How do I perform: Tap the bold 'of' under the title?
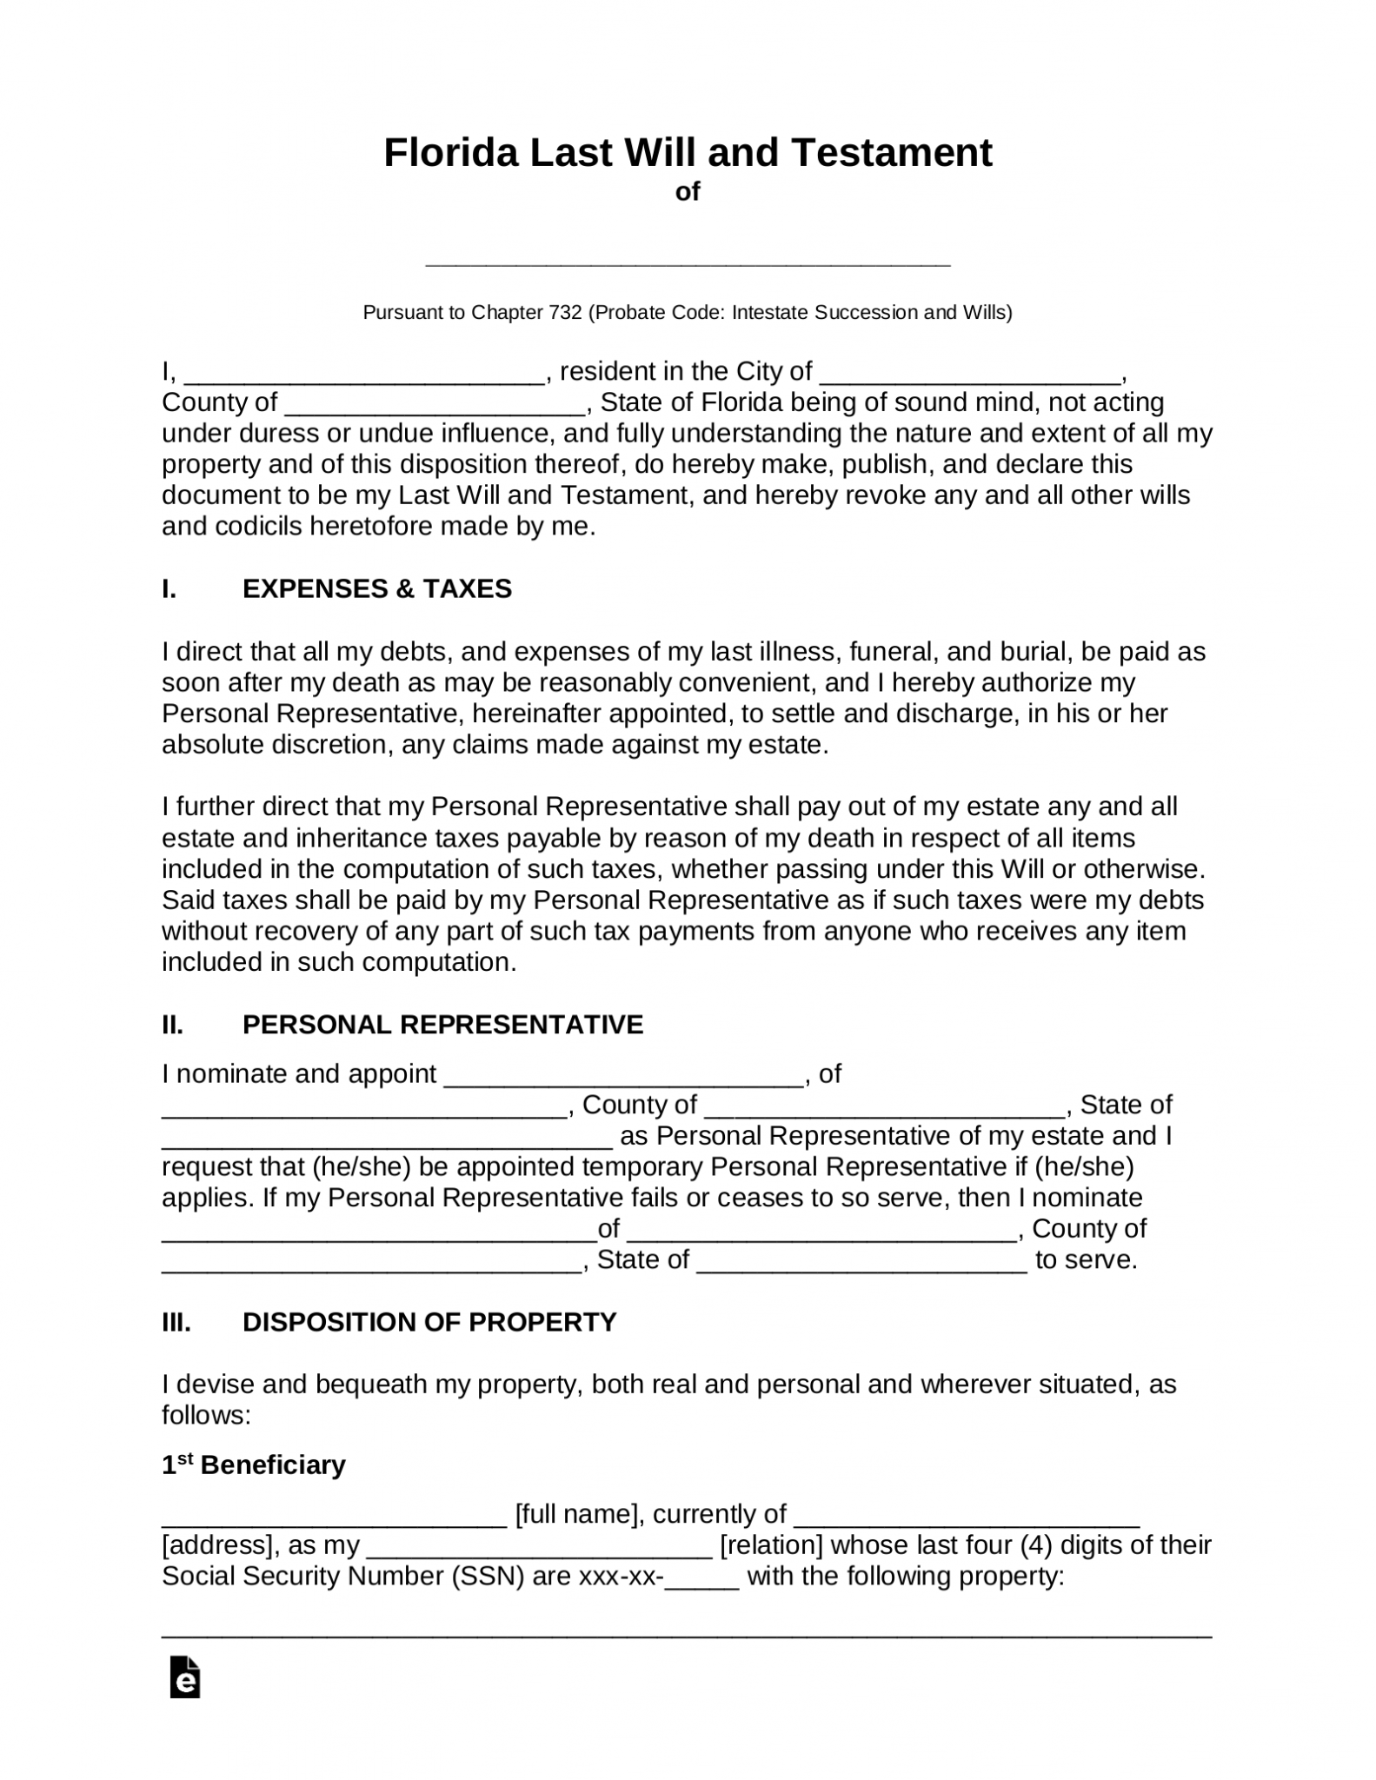(x=688, y=192)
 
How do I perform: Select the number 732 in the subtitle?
(x=565, y=312)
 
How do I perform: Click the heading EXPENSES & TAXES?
(x=376, y=589)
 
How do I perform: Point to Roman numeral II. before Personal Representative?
(x=172, y=1025)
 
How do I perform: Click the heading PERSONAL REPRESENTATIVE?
(x=442, y=1025)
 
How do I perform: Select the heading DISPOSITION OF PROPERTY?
(x=429, y=1322)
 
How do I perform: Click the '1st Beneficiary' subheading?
(x=253, y=1465)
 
